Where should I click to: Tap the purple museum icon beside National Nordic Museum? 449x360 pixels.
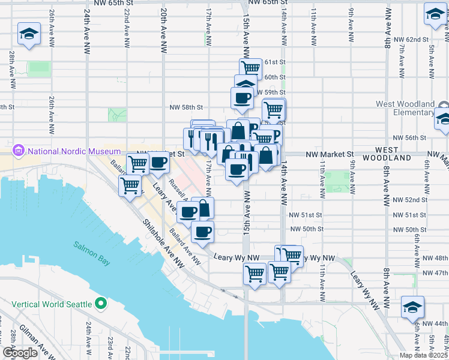tap(18, 151)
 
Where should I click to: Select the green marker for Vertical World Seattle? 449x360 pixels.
tap(100, 304)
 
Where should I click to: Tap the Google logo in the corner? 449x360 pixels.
tap(20, 353)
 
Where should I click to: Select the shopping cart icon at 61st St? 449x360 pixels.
tap(250, 67)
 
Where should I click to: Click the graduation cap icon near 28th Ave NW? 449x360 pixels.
tap(28, 34)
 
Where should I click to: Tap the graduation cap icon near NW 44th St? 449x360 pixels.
tap(412, 307)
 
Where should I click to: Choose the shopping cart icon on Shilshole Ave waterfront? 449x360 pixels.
tap(130, 185)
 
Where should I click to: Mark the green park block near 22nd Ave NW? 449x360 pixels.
tap(117, 113)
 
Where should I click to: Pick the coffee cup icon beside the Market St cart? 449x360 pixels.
tap(159, 162)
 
